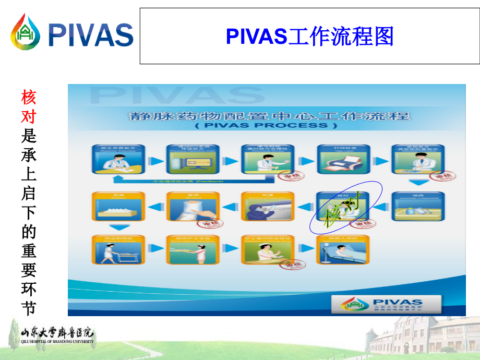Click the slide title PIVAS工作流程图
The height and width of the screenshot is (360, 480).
coord(309,37)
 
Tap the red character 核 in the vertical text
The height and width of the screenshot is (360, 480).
coord(29,97)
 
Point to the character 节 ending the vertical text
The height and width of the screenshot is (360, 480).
coord(29,307)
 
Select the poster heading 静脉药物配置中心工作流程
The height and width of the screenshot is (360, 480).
coord(269,116)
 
